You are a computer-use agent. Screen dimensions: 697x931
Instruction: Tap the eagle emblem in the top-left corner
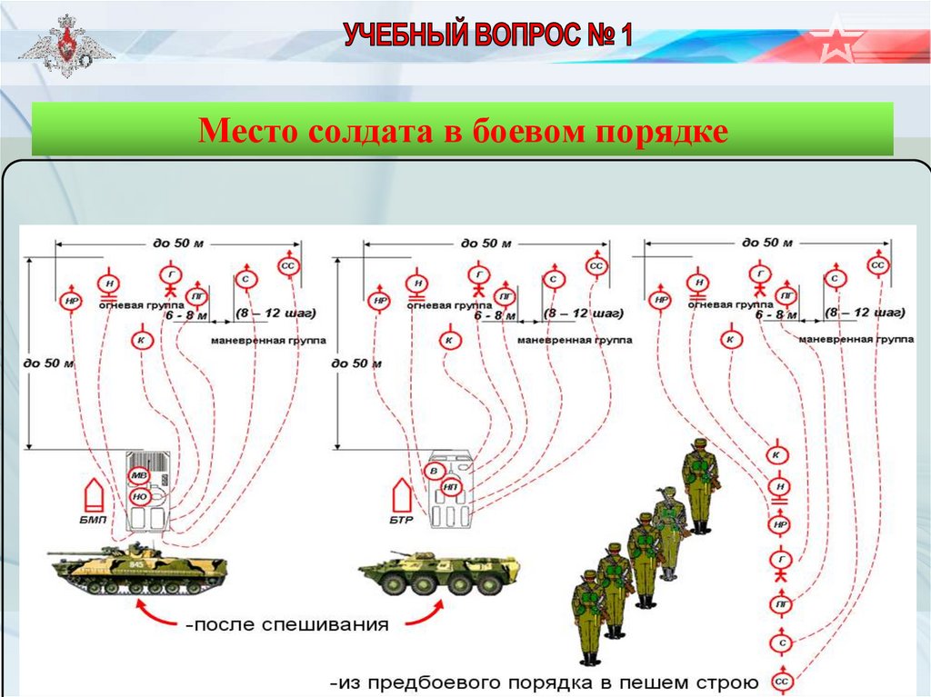(65, 45)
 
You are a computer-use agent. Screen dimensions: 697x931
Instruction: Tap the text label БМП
(92, 519)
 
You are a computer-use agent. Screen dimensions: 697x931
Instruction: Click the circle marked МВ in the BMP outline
(138, 476)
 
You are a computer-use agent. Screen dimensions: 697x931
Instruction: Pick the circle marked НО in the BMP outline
(140, 496)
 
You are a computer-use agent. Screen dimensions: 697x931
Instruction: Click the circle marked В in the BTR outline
(435, 471)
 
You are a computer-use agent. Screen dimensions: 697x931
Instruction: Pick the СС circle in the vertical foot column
(781, 681)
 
